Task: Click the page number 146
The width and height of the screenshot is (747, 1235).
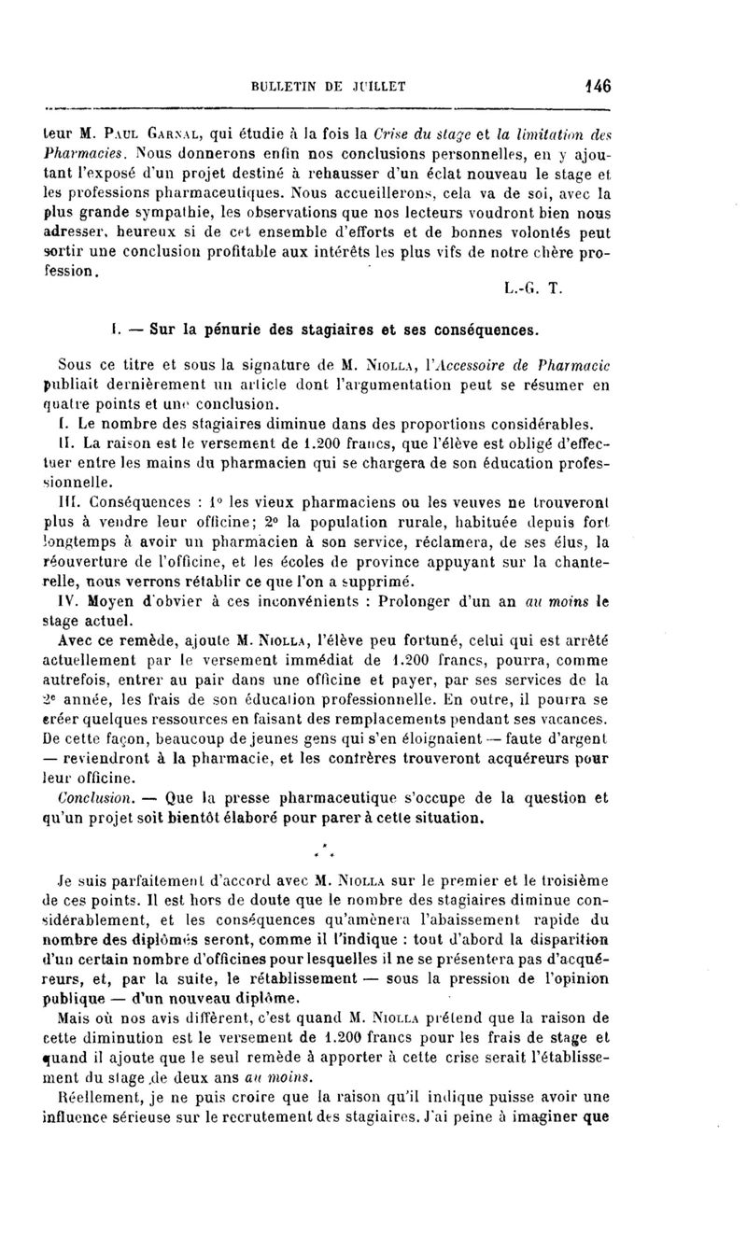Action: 597,88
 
